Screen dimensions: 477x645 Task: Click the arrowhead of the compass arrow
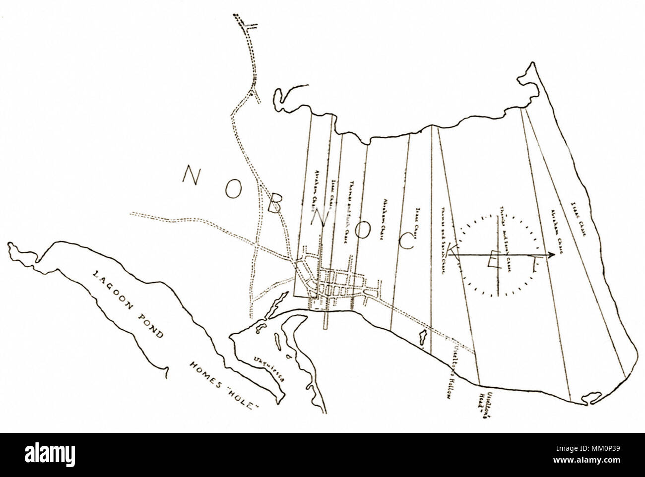coord(552,255)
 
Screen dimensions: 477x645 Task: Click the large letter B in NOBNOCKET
coord(276,211)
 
